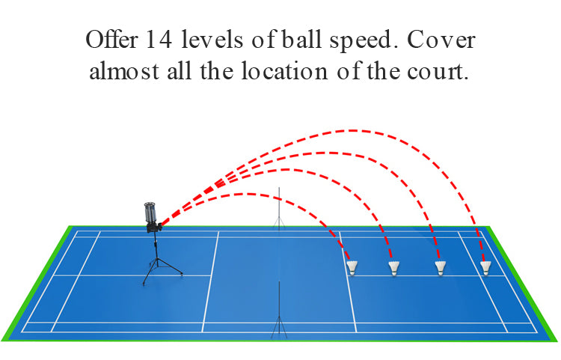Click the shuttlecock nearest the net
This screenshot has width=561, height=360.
pos(352,267)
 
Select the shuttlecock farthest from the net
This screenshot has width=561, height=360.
pos(487,267)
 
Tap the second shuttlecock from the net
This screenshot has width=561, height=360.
pos(393,267)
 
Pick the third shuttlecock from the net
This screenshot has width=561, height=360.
pos(441,267)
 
